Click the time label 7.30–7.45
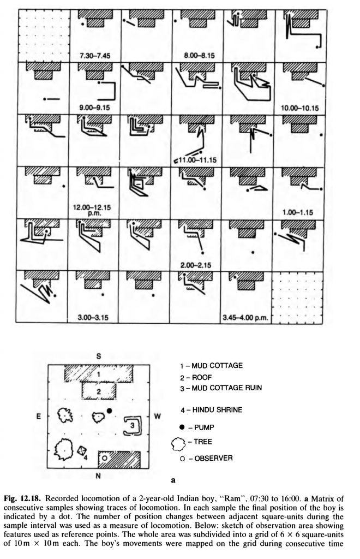[x=95, y=56]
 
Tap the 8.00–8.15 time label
[x=199, y=56]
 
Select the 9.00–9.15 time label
[x=95, y=108]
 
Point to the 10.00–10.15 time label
[x=299, y=108]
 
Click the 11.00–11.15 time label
[x=197, y=160]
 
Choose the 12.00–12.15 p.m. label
[x=92, y=210]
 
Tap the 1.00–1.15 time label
[x=298, y=212]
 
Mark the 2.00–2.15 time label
[x=196, y=265]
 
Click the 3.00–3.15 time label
[x=93, y=317]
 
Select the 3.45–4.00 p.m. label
[x=245, y=318]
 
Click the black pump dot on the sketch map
[x=109, y=411]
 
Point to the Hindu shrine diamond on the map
[x=82, y=450]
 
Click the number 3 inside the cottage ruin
[x=132, y=425]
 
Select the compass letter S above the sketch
[x=99, y=356]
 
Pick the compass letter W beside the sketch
[x=158, y=416]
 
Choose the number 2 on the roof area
[x=99, y=391]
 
